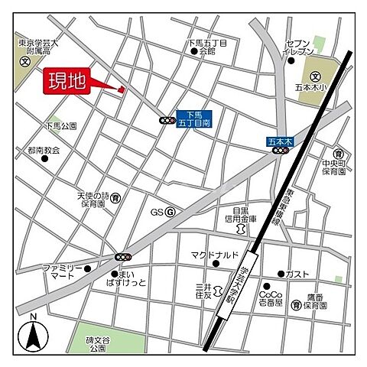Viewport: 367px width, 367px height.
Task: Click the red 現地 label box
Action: [x=67, y=81]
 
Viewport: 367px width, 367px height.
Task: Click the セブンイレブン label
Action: [x=298, y=48]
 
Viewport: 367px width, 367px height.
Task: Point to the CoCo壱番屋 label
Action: [x=271, y=298]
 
